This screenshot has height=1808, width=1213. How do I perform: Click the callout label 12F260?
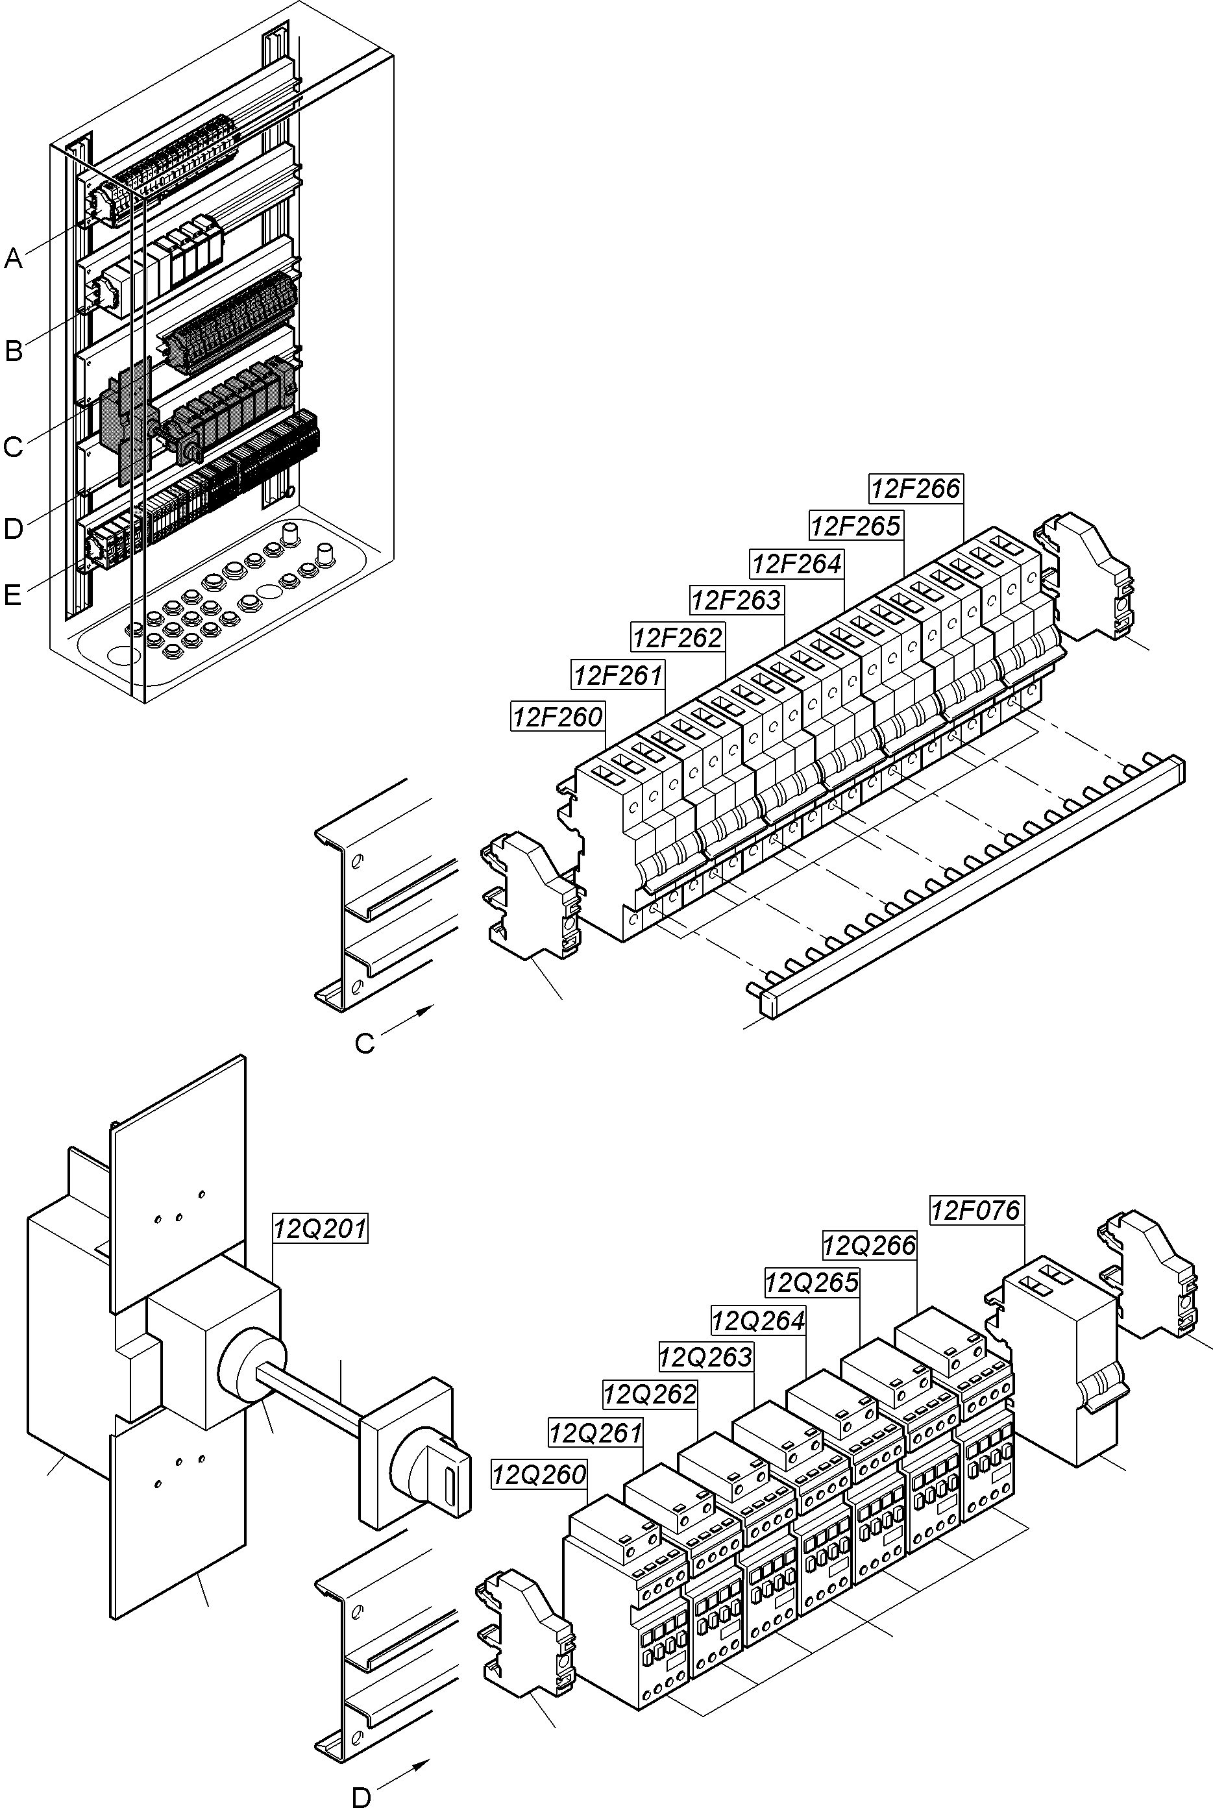pos(557,717)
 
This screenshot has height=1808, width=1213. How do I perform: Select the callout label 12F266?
pos(915,488)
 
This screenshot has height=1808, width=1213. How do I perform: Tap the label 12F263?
pos(737,600)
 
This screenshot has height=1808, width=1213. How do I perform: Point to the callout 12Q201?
pos(320,1228)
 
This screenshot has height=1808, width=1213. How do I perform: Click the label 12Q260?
pos(539,1474)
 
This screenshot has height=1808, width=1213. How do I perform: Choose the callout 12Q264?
pos(758,1320)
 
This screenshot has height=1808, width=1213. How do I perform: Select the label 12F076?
pos(975,1209)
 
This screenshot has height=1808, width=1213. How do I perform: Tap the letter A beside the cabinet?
pos(13,258)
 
